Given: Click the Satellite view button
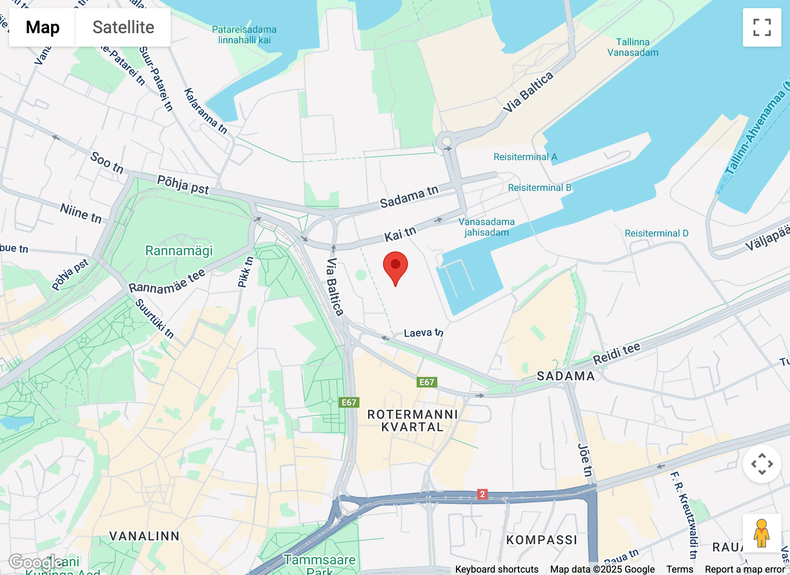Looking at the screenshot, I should [123, 27].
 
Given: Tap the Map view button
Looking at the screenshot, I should [42, 27].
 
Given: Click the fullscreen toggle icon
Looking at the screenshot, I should [762, 27].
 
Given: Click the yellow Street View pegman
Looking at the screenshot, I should [762, 533].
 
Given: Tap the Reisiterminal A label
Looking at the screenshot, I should [525, 157].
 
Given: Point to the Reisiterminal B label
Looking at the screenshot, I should [540, 187].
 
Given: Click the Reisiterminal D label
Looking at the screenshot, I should [656, 233].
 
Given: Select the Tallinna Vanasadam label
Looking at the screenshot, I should [633, 47].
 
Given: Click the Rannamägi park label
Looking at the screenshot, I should [179, 250].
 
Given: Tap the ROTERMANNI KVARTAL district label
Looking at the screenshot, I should [412, 421].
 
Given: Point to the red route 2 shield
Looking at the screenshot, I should [482, 494].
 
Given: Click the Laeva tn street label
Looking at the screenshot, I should [423, 333].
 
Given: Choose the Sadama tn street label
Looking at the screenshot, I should [409, 197].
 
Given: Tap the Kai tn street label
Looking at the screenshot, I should [400, 234].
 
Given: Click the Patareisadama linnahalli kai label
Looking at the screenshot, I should [244, 35].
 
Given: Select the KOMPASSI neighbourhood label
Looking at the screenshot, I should [542, 540].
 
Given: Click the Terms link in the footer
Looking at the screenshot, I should [679, 569].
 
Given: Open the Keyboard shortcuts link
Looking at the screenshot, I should [496, 569].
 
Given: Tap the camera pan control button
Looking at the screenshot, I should [762, 464].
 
